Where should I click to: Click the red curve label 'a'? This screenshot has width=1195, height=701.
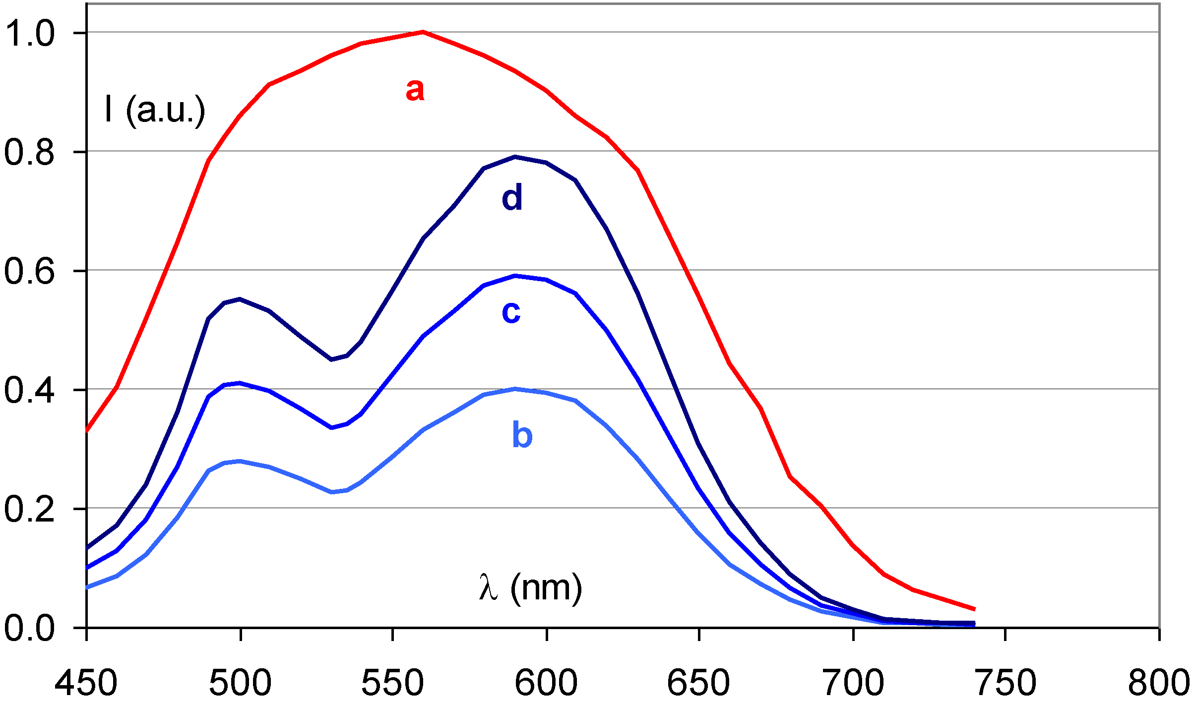coord(415,90)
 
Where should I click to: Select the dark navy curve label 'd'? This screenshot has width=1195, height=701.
coord(512,197)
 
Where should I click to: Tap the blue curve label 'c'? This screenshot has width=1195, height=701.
coord(511,312)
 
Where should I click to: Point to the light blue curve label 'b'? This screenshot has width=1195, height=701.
coord(522,435)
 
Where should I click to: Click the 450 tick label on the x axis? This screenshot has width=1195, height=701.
coord(86,682)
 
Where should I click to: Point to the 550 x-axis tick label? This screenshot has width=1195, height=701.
coord(392,682)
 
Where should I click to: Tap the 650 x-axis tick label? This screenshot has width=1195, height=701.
coord(698,682)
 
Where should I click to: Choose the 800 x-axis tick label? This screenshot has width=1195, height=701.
coord(1158,682)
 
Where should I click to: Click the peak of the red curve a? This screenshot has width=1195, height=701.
coord(423,32)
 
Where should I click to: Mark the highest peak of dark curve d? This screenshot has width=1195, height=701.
coord(515,157)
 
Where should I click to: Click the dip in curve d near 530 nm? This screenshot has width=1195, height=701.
coord(331,359)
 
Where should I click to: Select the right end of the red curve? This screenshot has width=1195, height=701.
coord(974,609)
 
